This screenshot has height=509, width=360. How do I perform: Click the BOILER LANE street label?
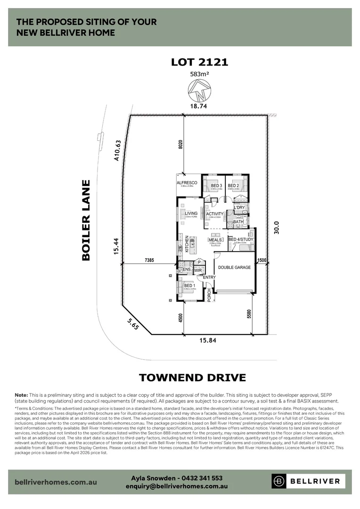point(85,220)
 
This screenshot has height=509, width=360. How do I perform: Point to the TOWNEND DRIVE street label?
point(192,377)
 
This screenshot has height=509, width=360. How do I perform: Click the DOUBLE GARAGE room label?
point(234,268)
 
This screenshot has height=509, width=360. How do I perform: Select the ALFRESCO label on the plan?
point(187,183)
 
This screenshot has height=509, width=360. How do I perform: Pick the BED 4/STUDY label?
point(241,240)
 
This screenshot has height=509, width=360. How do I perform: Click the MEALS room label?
point(215,240)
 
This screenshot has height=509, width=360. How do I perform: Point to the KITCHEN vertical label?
point(187,245)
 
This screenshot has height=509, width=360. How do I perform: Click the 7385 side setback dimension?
point(149,260)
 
